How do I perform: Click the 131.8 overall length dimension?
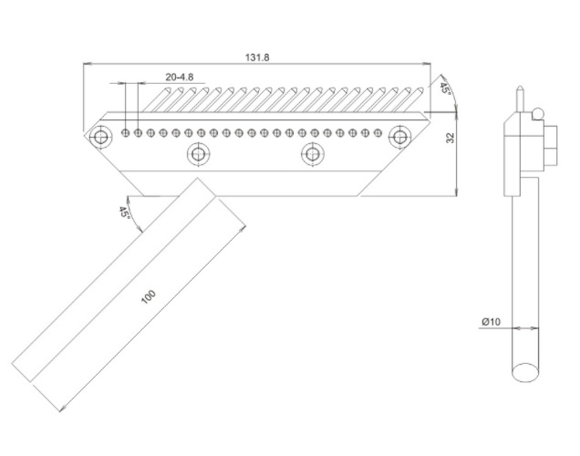tap(257, 57)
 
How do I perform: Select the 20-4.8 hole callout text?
tap(180, 77)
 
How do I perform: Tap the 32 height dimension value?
tap(451, 138)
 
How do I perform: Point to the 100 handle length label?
tap(149, 297)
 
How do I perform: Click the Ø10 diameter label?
tap(491, 322)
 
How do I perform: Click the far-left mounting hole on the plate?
tap(100, 137)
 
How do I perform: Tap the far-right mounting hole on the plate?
tap(399, 137)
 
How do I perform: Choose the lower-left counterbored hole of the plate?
tap(198, 154)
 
